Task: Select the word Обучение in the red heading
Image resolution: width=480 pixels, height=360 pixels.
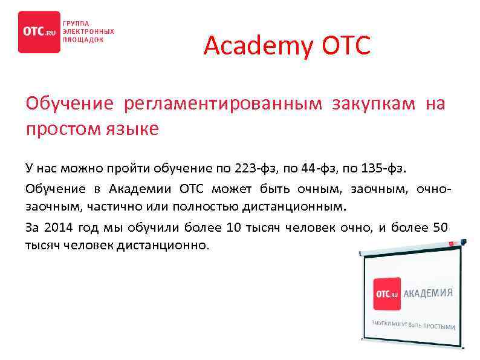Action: point(70,104)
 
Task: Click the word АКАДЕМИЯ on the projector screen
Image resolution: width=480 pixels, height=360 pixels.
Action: point(429,293)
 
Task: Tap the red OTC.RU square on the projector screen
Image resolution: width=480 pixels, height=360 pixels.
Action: point(387,294)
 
